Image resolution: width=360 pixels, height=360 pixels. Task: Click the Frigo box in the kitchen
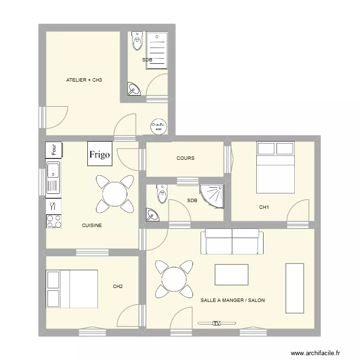[x=99, y=154]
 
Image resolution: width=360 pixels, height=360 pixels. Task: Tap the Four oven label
[x=54, y=149]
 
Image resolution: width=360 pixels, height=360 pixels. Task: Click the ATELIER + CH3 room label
[x=84, y=80]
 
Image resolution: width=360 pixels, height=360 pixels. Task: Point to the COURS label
[x=185, y=158]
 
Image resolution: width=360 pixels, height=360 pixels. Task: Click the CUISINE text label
[x=92, y=225]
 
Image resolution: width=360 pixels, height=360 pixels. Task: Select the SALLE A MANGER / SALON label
[x=232, y=300]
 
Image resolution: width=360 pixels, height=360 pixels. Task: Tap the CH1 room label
[x=264, y=207]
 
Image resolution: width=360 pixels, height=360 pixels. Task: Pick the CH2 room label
[x=118, y=287]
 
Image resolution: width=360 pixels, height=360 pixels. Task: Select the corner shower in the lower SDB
[x=213, y=196]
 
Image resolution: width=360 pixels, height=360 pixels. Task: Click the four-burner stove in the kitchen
[x=53, y=221]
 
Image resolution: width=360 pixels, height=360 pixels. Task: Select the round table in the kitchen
[x=115, y=194]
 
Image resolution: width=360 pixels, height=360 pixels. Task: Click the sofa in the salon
[x=232, y=241]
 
